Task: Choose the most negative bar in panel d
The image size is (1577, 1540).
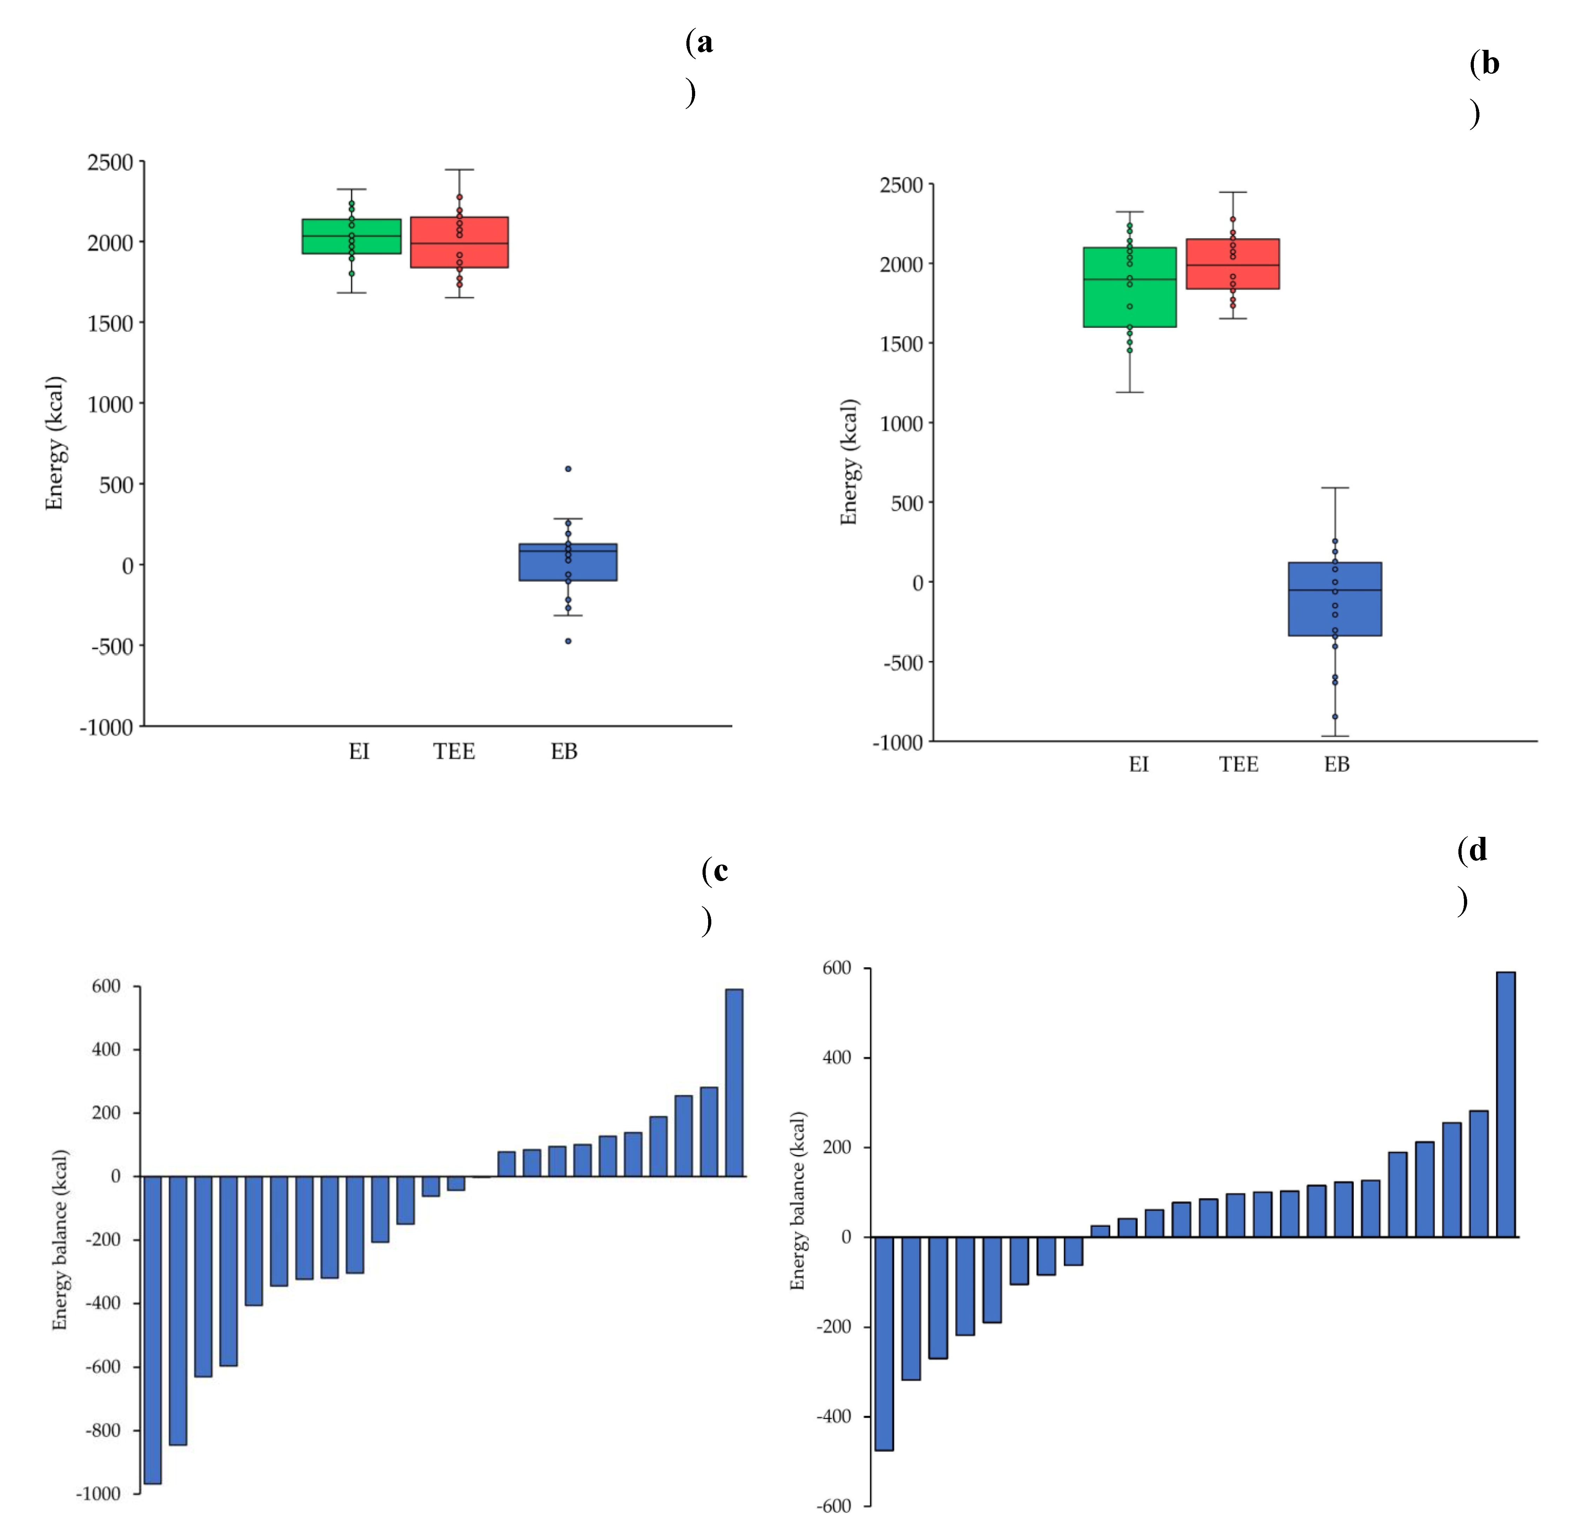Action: click(884, 1343)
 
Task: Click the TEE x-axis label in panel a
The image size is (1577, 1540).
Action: click(454, 751)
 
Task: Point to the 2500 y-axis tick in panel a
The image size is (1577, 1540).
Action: click(110, 162)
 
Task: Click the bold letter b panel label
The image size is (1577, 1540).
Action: click(1490, 63)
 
